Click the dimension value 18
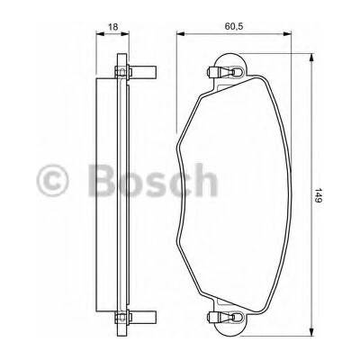click(x=112, y=27)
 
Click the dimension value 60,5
click(x=234, y=26)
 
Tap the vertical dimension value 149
click(x=319, y=195)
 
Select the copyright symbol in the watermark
click(x=52, y=180)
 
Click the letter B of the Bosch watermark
click(x=102, y=180)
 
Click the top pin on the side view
click(x=143, y=72)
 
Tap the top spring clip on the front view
click(x=224, y=72)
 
